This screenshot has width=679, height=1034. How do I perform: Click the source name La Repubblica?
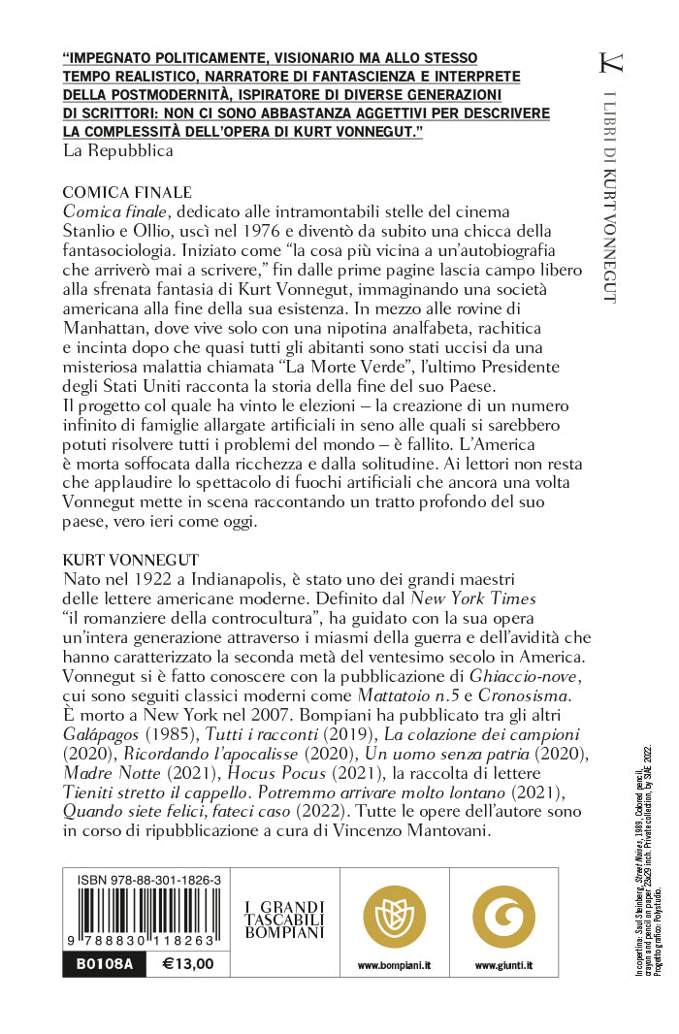[x=117, y=150]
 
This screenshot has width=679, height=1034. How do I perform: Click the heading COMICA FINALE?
[x=127, y=192]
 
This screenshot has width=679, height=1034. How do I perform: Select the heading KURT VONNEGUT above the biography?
[x=130, y=560]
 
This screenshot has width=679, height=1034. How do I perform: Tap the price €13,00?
[x=188, y=964]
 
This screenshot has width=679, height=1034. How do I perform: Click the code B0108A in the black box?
[x=97, y=964]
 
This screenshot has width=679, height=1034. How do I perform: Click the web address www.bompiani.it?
[x=394, y=965]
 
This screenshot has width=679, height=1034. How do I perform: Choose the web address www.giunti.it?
[x=503, y=965]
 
